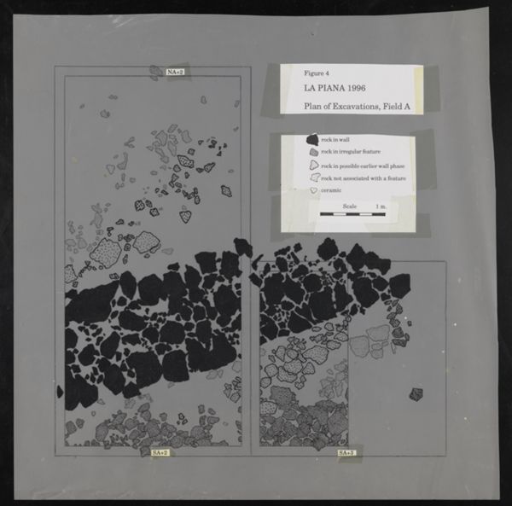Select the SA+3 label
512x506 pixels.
point(347,451)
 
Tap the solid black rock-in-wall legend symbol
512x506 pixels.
point(313,139)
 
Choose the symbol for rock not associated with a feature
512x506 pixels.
point(313,178)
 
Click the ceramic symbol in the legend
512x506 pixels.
point(312,191)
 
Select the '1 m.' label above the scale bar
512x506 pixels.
point(381,206)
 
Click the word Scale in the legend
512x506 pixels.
point(350,206)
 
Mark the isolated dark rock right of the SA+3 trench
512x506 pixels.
point(416,393)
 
